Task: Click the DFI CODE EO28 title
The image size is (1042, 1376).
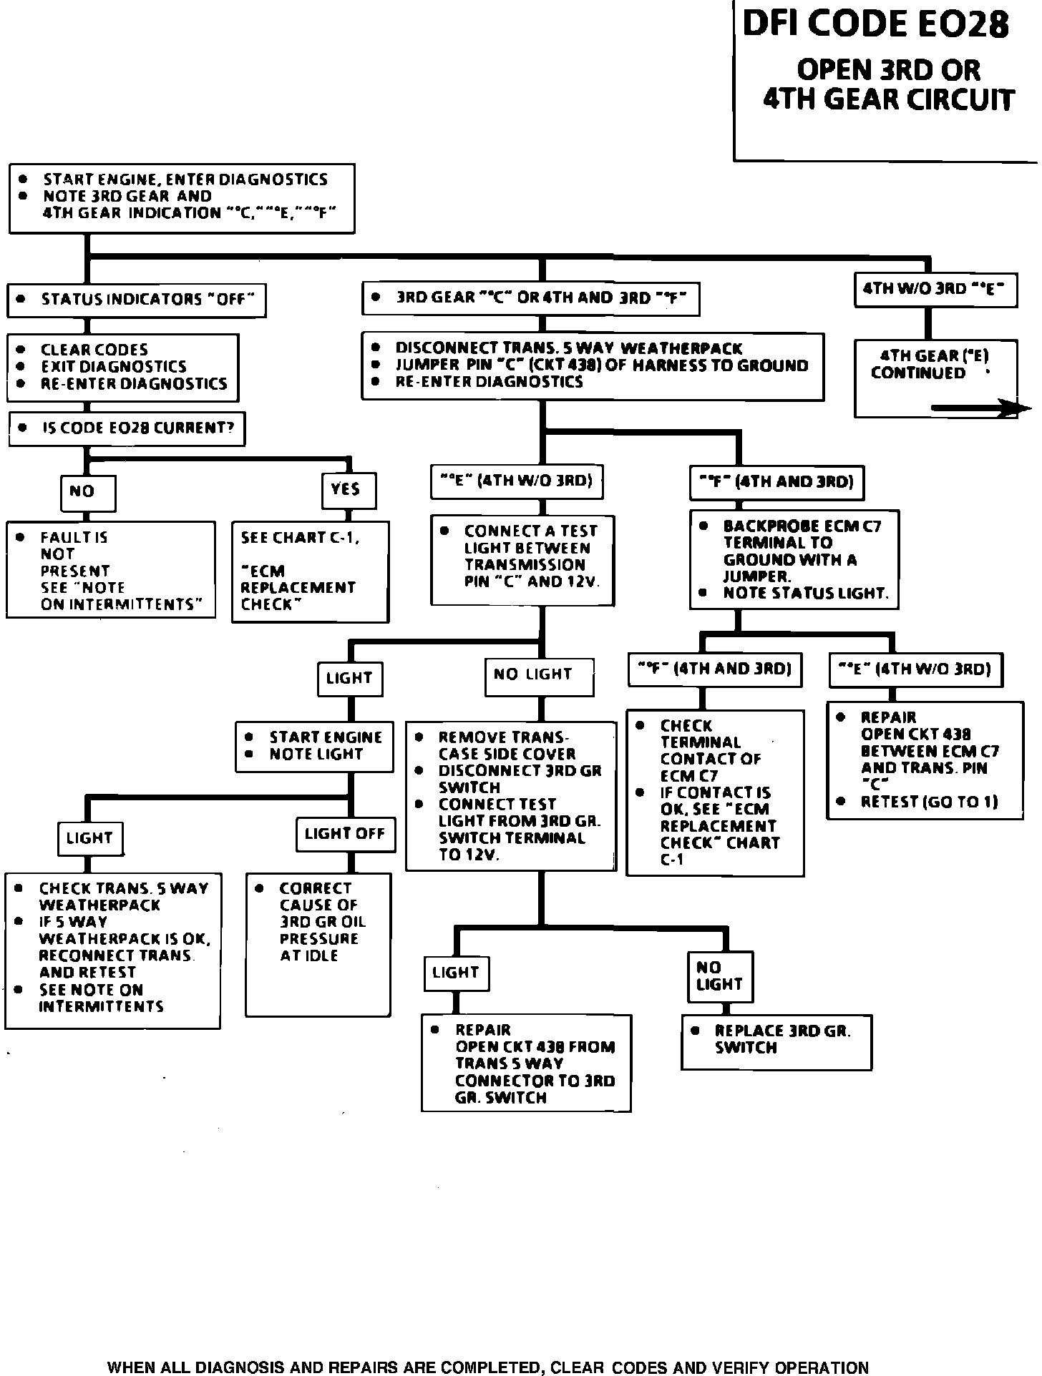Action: point(875,24)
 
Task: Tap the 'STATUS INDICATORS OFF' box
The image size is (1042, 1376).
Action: point(136,300)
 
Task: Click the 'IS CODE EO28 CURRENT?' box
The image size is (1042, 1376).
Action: point(127,428)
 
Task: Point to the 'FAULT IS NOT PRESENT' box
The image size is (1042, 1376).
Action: point(110,570)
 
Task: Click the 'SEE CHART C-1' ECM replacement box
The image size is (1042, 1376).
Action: point(310,571)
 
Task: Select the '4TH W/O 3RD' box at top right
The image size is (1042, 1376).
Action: point(934,290)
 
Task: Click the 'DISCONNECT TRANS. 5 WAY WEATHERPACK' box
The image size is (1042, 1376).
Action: point(593,365)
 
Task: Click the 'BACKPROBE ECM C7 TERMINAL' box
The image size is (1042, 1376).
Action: point(794,559)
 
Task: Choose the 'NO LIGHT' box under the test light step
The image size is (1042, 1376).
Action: point(538,675)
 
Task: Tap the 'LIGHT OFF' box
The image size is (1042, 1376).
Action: point(345,834)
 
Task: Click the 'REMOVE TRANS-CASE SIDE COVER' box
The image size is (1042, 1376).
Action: point(510,796)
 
